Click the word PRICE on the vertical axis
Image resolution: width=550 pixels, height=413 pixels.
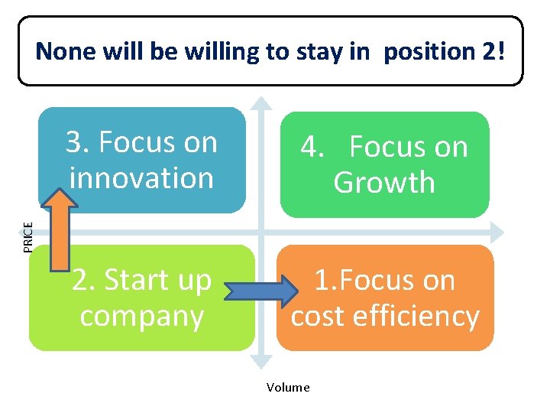tap(27, 236)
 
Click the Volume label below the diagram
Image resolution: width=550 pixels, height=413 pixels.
tap(288, 387)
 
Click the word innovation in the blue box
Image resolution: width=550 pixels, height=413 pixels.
tap(141, 177)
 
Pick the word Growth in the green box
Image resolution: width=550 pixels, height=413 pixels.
tap(384, 183)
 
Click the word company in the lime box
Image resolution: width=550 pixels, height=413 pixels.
tap(142, 316)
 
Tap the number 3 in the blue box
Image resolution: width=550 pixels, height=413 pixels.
tap(74, 142)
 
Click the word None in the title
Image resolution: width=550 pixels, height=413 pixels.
tap(64, 51)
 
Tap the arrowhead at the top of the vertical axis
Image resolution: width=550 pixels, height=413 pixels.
tap(262, 102)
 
